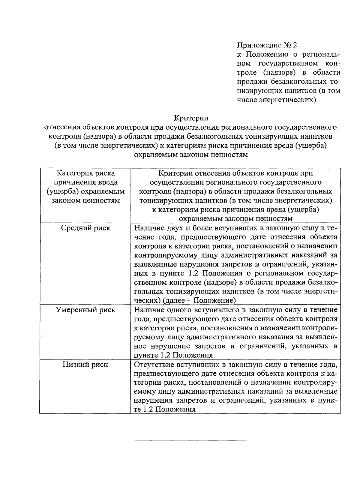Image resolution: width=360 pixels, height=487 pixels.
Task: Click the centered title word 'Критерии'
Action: [x=191, y=118]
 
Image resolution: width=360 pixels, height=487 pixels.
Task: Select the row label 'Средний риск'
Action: [x=85, y=228]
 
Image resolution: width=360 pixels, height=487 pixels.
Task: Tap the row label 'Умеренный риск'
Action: [x=85, y=310]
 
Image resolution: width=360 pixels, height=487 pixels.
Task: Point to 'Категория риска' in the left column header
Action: [x=85, y=173]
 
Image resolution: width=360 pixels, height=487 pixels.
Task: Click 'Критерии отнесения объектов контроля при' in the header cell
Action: [x=235, y=173]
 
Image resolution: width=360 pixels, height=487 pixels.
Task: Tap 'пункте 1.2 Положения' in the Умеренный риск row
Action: [x=173, y=355]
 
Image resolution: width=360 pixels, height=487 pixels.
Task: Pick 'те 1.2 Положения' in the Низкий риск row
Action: [x=164, y=410]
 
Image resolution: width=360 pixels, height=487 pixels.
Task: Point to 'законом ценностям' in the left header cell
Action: [x=85, y=200]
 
